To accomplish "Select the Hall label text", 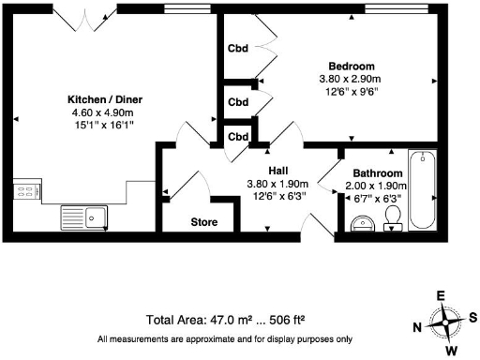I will (x=278, y=170).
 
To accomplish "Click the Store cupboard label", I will (x=204, y=223).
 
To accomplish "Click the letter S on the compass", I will (x=472, y=317).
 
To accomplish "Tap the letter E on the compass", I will (x=441, y=295).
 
